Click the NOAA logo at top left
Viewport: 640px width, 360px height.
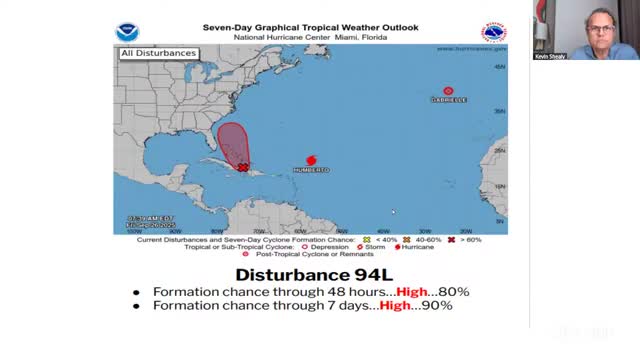[x=128, y=31]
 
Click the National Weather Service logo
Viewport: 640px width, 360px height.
[x=493, y=31]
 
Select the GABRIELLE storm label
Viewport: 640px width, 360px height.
[x=448, y=100]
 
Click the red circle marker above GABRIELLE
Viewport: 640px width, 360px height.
[x=448, y=91]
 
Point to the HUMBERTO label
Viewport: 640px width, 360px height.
[x=311, y=170]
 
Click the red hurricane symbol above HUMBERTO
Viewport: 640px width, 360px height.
[x=311, y=160]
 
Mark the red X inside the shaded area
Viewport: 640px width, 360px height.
[x=243, y=168]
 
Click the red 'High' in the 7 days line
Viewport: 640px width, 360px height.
[x=398, y=305]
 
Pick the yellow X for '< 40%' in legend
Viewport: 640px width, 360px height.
[x=368, y=241]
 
